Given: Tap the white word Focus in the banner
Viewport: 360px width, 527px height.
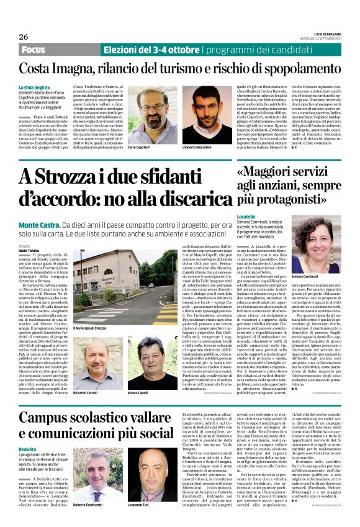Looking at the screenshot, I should (34, 49).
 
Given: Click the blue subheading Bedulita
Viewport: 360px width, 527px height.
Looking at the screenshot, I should (27, 448).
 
